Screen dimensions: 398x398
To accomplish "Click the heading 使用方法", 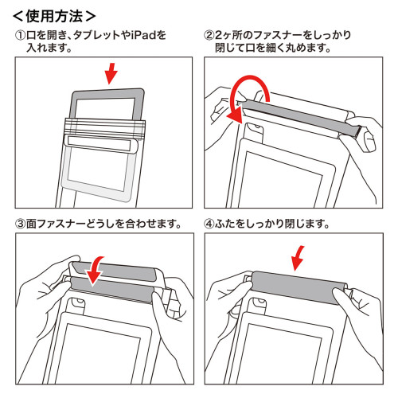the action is coord(54,17).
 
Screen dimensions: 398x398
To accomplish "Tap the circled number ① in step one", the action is coord(21,35).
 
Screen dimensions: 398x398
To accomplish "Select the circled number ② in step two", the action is coord(209,35).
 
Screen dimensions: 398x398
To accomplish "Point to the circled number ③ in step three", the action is coord(21,224).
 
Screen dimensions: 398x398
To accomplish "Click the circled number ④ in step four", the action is coord(209,224).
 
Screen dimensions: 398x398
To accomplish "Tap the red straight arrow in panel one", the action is coord(111,73).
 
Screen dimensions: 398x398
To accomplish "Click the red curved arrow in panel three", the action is coord(96,271).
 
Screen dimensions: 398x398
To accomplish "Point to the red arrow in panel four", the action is coord(298,258).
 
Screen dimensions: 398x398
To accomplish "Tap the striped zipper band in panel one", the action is coord(105,127).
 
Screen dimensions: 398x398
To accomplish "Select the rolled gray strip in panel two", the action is coord(300,117).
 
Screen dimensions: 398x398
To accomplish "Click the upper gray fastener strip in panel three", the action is coord(113,271).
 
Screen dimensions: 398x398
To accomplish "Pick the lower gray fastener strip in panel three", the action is coord(111,290).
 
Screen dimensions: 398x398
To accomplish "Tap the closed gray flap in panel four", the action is coord(298,288).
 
